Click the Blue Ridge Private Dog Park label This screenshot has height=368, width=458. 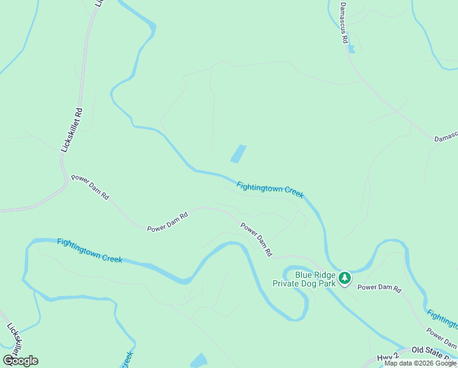(315, 280)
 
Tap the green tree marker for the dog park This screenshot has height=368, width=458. (345, 278)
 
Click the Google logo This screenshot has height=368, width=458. (20, 361)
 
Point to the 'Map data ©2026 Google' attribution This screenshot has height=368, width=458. (419, 363)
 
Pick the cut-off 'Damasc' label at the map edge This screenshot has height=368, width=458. (446, 140)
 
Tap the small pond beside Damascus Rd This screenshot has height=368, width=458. (351, 48)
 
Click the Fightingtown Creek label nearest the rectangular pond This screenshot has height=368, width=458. (270, 189)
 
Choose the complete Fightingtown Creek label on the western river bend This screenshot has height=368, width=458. (89, 251)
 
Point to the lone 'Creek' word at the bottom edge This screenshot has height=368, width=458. (127, 359)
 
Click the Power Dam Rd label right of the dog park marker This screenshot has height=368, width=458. (379, 288)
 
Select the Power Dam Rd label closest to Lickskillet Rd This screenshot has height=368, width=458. (90, 187)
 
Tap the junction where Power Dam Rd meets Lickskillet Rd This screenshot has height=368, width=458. (64, 182)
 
